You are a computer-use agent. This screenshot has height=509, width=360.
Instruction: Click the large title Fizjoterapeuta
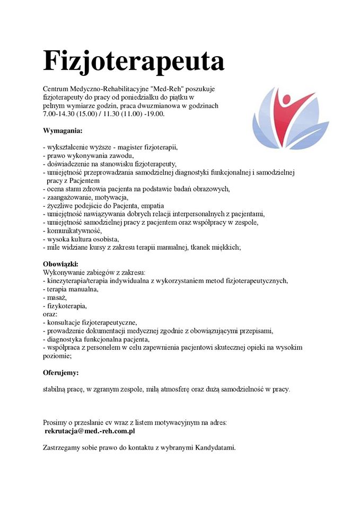pos(134,62)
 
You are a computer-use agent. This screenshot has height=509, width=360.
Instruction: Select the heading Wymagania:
pos(63,129)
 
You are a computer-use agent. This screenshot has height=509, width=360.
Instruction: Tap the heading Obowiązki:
pos(60,264)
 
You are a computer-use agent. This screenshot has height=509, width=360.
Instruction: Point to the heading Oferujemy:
pos(60,373)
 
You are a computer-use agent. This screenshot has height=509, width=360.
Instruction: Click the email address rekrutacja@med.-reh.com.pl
pos(91,432)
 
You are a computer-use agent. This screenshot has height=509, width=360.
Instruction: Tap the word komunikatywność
pos(73,231)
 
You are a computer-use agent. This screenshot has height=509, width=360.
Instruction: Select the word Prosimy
pos(56,423)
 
